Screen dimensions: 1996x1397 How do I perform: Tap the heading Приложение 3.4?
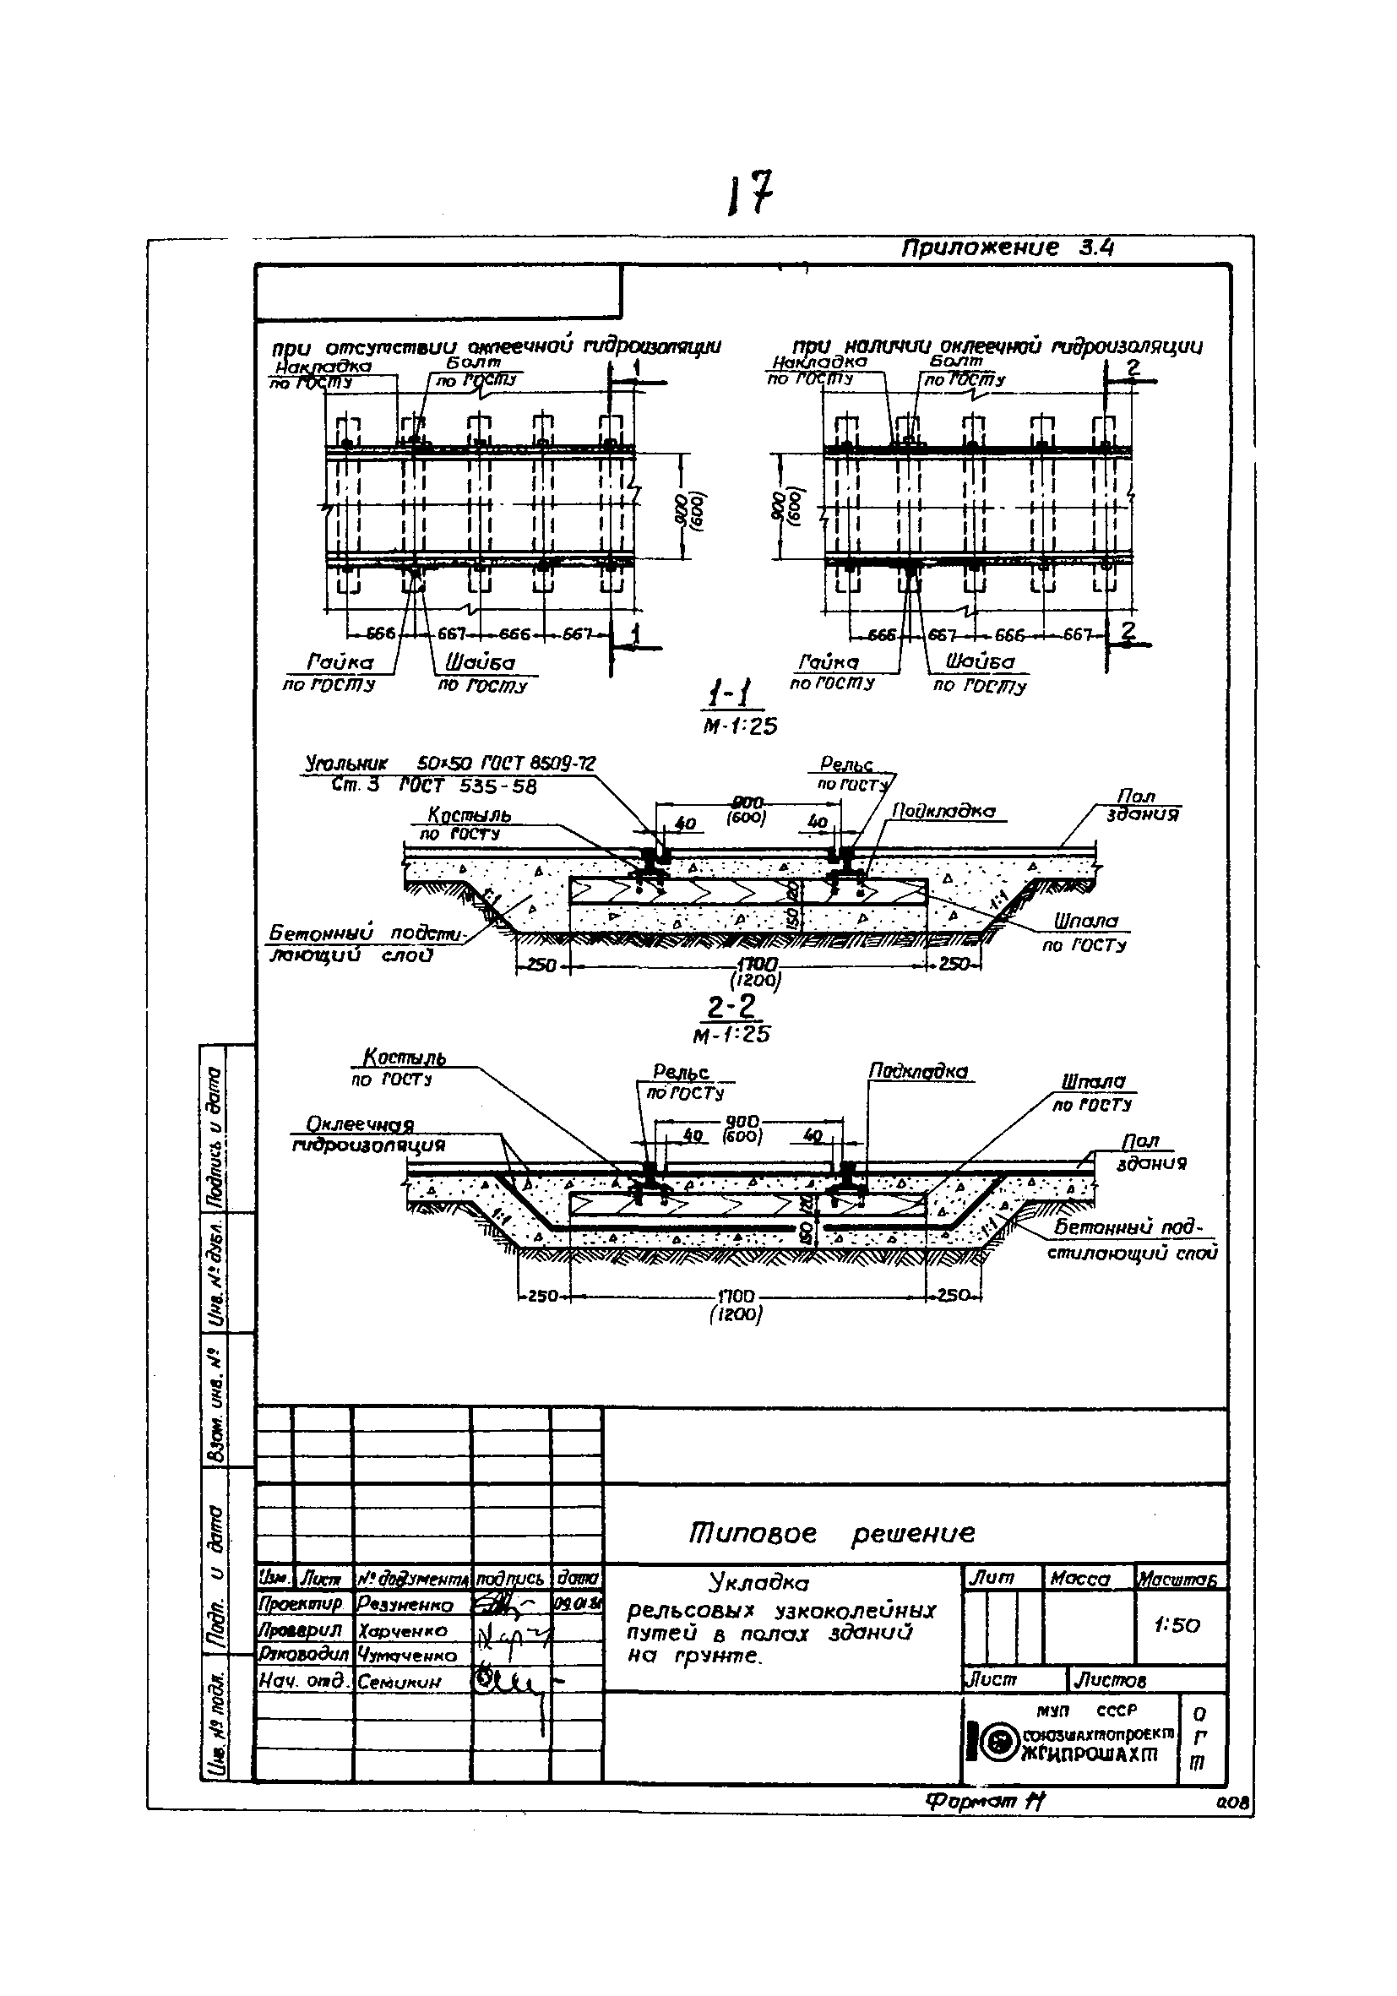click(1007, 248)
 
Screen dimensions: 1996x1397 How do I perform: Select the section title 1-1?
click(733, 696)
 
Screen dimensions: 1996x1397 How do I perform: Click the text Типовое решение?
click(832, 1532)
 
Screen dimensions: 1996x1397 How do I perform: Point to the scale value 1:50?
click(1177, 1625)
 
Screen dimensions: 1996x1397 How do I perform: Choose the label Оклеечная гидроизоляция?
click(367, 1135)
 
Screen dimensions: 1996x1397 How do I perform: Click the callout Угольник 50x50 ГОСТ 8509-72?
click(449, 764)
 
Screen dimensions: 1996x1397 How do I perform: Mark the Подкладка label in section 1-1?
click(943, 811)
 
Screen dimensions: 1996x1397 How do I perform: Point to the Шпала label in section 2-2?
click(1093, 1082)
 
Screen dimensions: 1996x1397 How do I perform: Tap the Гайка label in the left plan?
click(340, 662)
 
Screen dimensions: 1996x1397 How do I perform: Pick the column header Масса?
click(1079, 1579)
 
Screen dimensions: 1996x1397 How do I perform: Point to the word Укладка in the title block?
click(758, 1581)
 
